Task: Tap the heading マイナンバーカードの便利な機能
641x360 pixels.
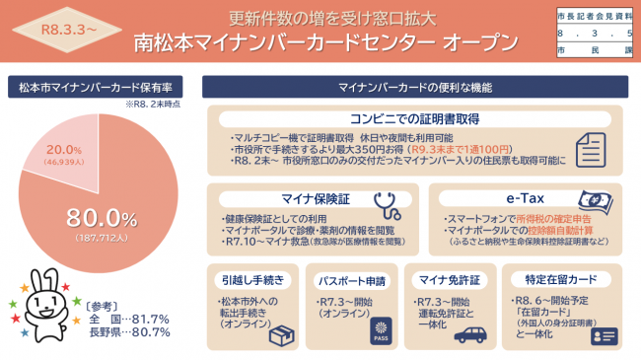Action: click(x=416, y=87)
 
